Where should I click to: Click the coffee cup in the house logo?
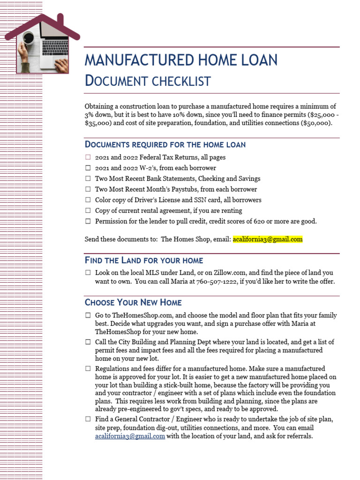click(28, 37)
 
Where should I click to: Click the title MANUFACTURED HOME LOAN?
click(180, 60)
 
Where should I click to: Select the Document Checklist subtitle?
click(147, 81)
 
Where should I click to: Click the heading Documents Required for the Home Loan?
click(165, 144)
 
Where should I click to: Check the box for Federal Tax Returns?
click(88, 157)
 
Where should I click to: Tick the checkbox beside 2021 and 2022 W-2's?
click(88, 168)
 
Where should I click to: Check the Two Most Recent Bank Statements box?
click(88, 179)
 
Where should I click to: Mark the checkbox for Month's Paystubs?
click(88, 189)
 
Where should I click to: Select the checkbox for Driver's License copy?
click(88, 200)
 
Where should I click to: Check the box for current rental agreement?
click(88, 211)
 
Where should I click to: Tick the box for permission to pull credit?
click(88, 222)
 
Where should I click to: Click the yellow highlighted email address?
click(268, 239)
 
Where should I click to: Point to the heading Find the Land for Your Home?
click(143, 260)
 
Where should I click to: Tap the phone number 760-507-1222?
click(216, 282)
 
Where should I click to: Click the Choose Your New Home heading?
click(133, 302)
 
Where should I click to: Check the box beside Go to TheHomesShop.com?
click(88, 316)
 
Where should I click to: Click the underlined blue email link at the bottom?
click(130, 436)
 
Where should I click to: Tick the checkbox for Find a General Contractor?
click(88, 419)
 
